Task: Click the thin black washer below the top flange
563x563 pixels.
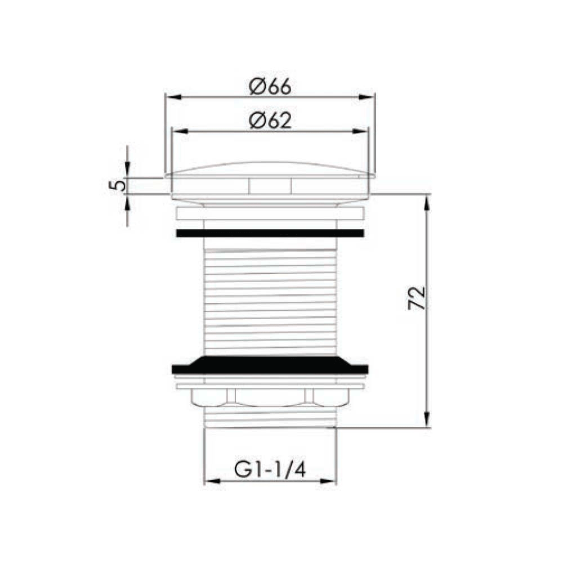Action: (270, 233)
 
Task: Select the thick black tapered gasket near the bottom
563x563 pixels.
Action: (270, 365)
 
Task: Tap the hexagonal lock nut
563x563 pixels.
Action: (270, 398)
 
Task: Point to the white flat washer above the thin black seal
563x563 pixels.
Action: (270, 214)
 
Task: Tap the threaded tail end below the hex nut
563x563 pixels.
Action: (270, 418)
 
